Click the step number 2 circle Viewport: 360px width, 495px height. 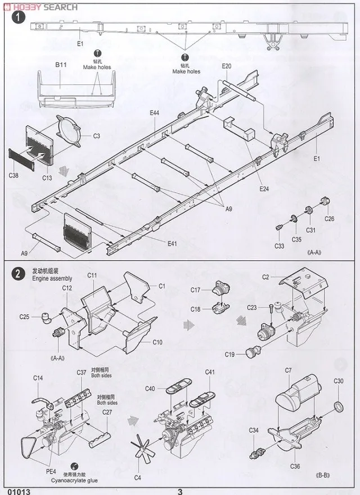tap(19, 274)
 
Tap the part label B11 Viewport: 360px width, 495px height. tap(61, 66)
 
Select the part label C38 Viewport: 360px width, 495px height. tap(14, 175)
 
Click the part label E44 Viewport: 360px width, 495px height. tap(155, 113)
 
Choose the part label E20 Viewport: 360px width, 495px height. tap(226, 66)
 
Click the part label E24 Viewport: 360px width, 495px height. tap(264, 188)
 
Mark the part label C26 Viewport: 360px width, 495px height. tap(329, 218)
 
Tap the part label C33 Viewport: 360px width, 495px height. tap(280, 246)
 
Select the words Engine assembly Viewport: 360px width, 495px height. tap(52, 278)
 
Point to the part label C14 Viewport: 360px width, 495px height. tap(38, 378)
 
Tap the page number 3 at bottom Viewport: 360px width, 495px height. tap(180, 490)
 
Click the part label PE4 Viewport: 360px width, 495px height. tap(51, 471)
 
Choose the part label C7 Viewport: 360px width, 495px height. tap(288, 370)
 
